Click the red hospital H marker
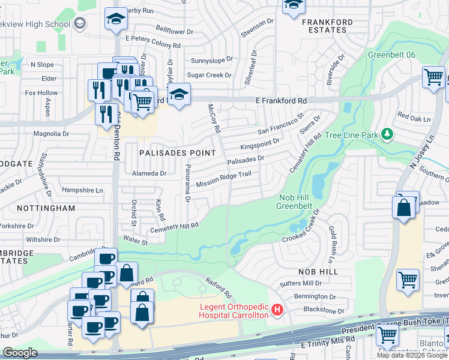click(x=277, y=310)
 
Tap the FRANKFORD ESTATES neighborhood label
click(x=327, y=26)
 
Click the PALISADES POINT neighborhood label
click(x=177, y=153)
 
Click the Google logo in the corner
click(x=20, y=353)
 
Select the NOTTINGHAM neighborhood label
click(x=46, y=208)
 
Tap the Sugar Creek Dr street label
click(x=209, y=76)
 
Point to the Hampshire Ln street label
click(x=83, y=190)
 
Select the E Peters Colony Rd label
click(x=152, y=46)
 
